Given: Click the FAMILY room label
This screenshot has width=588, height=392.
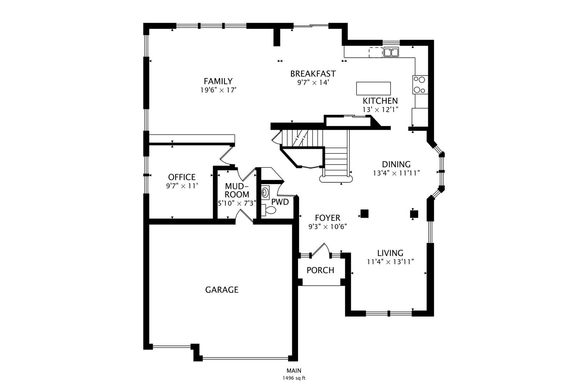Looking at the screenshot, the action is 218,81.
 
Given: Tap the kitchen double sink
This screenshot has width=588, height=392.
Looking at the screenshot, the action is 391,52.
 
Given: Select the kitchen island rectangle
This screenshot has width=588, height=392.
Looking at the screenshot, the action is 373,89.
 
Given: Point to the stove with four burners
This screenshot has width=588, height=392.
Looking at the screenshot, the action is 420,85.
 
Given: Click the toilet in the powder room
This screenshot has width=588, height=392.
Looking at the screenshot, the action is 269,210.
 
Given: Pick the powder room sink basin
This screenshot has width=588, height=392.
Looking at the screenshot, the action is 265,192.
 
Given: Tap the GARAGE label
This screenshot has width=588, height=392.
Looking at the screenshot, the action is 222,290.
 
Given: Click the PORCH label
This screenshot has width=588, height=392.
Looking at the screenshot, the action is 320,270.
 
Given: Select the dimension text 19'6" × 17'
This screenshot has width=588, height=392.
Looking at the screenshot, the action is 219,90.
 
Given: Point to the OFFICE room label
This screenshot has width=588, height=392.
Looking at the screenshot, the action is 181,177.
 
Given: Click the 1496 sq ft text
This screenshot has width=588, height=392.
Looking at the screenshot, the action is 294,378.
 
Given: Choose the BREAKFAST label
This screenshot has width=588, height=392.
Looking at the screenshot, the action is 313,74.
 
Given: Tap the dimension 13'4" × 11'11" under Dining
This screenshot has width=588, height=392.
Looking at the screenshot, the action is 396,173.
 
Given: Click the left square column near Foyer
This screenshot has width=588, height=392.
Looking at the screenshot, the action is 364,214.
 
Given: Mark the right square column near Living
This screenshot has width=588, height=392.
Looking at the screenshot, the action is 414,214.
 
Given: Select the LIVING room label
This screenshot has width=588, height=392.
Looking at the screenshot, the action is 390,253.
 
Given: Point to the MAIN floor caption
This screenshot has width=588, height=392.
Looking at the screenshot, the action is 294,371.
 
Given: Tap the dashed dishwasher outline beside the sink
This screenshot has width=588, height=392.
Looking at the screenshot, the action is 376,52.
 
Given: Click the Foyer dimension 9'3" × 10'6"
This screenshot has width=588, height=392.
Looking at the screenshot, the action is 328,226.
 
